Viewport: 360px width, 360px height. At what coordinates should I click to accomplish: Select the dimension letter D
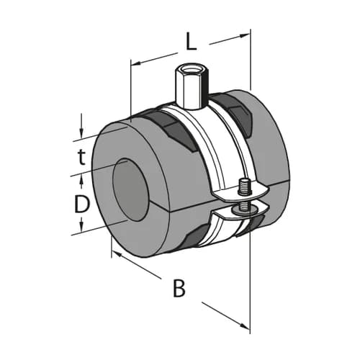click(x=82, y=204)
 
